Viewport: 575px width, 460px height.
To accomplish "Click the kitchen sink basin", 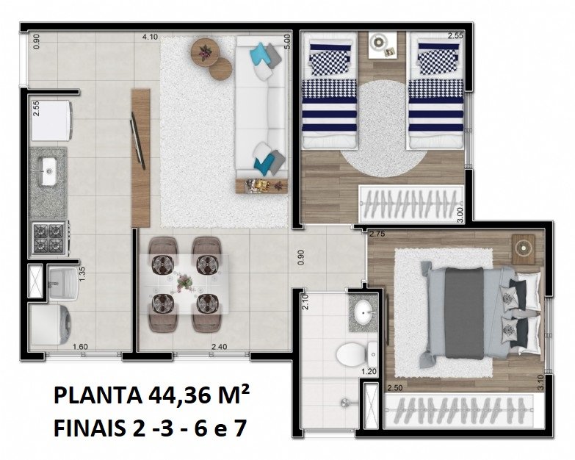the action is pyautogui.click(x=48, y=171).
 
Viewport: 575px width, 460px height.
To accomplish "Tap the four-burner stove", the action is pyautogui.click(x=50, y=237).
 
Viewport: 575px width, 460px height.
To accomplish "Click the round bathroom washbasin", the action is pyautogui.click(x=363, y=312).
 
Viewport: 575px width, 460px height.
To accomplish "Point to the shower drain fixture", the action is pyautogui.click(x=346, y=403).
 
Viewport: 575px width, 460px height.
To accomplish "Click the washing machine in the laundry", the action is pyautogui.click(x=51, y=325).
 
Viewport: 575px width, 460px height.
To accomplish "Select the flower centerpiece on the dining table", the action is pyautogui.click(x=184, y=282).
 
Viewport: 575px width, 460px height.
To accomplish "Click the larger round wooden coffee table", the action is pyautogui.click(x=206, y=52).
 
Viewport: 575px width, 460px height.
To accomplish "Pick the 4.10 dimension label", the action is pyautogui.click(x=150, y=37).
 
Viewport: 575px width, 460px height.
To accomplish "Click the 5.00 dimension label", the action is pyautogui.click(x=287, y=42).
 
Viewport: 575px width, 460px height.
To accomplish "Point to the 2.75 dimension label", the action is pyautogui.click(x=377, y=234).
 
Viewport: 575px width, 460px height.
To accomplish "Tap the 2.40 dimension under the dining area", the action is pyautogui.click(x=220, y=347).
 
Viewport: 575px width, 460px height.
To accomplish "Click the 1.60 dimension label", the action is pyautogui.click(x=80, y=347).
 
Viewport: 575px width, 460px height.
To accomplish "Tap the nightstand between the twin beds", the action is pyautogui.click(x=383, y=45).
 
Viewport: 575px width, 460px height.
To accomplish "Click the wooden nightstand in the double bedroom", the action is pyautogui.click(x=524, y=248).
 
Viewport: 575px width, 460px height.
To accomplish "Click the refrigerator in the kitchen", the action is pyautogui.click(x=51, y=121).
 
